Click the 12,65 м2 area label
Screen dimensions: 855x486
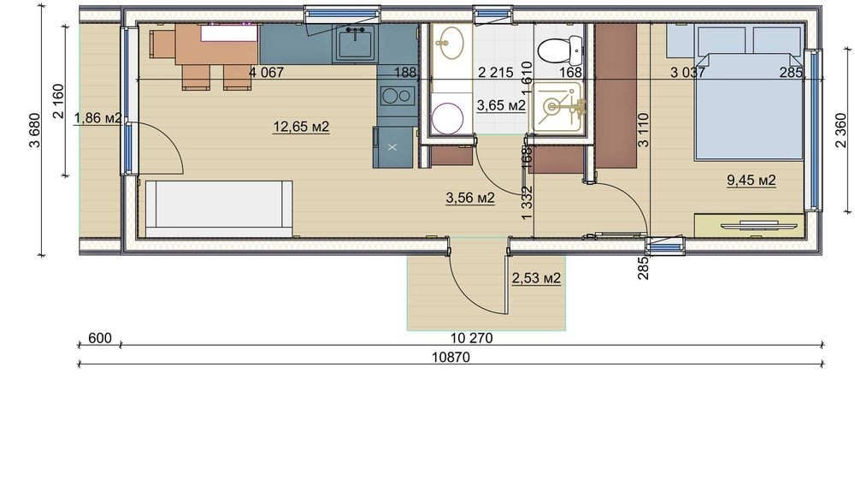301,127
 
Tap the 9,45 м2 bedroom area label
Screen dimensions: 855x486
751,180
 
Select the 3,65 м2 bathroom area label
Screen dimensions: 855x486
501,105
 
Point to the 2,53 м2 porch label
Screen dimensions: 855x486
536,278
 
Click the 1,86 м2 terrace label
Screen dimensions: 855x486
97,117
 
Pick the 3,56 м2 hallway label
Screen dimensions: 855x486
470,198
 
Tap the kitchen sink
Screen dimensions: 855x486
355,43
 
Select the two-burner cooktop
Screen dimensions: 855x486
397,97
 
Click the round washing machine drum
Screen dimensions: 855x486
447,117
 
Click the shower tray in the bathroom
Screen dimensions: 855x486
557,107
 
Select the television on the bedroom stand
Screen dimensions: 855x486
751,225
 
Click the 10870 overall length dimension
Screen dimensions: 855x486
451,358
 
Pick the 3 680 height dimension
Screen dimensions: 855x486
35,130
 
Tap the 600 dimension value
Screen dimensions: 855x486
100,338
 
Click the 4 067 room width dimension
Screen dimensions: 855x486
266,72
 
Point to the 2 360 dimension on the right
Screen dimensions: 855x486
840,130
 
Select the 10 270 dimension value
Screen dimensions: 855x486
472,338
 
